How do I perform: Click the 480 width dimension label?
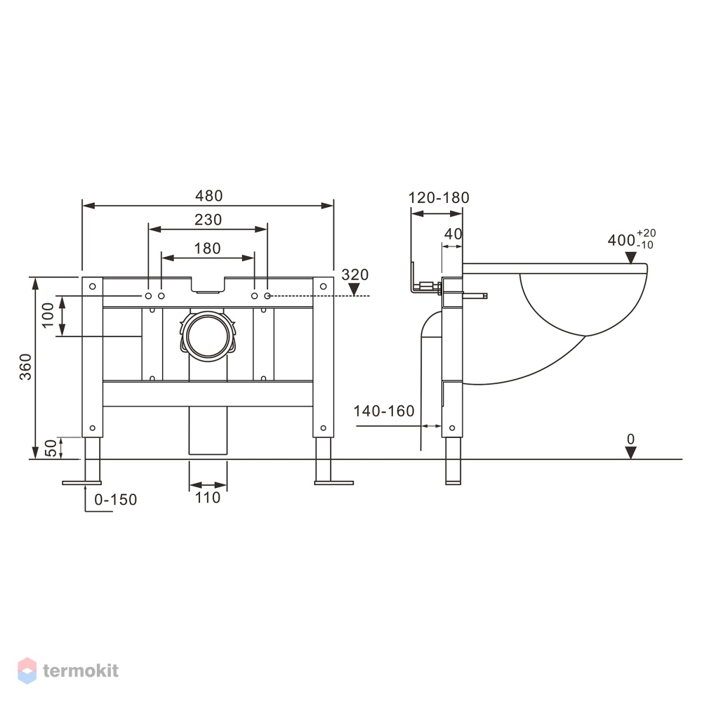(x=208, y=196)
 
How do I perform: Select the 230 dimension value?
(x=208, y=219)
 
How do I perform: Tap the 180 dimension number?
(x=207, y=248)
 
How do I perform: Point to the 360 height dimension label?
(x=25, y=366)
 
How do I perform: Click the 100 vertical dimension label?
(x=48, y=315)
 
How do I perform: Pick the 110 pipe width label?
(x=208, y=498)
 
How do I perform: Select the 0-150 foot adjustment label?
(x=116, y=499)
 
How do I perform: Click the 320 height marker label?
(x=355, y=274)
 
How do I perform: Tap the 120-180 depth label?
(x=439, y=197)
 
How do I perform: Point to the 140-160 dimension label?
(x=384, y=411)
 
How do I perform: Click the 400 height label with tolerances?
(x=632, y=239)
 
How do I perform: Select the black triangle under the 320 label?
(x=354, y=290)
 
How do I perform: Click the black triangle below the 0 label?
(x=631, y=453)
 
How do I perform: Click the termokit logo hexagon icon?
(x=27, y=670)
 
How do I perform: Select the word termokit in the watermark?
(x=81, y=670)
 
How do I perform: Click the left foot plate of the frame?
(x=82, y=483)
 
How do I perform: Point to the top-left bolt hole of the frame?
(x=92, y=286)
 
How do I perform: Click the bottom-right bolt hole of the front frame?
(x=323, y=428)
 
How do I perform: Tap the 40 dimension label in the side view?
(x=453, y=234)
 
